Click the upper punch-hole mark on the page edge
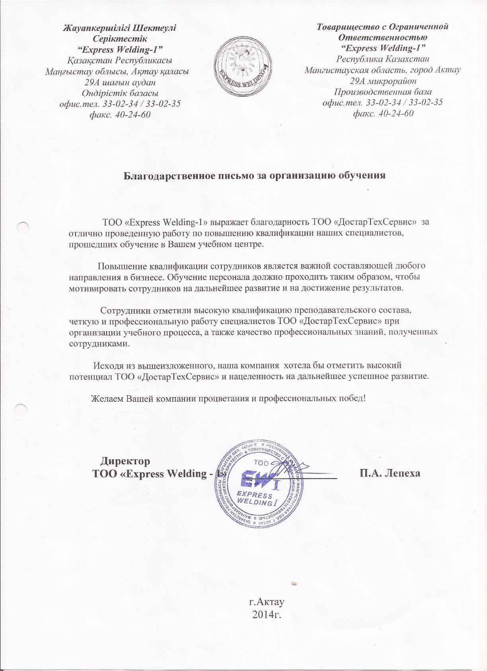tap(24, 226)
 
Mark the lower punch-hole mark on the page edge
tap(20, 407)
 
